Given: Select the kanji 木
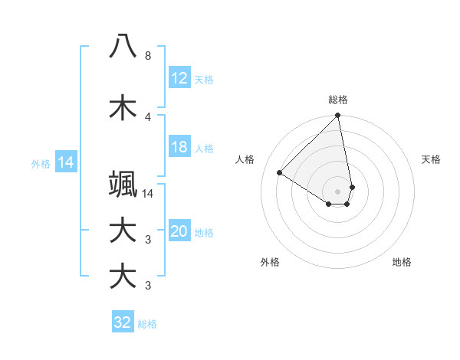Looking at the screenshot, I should (123, 108).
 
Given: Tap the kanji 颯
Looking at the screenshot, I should (123, 185).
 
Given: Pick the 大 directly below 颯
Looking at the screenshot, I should (123, 231).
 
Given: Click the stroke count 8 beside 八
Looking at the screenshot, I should (147, 56).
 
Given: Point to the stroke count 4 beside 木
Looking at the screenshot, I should (147, 117).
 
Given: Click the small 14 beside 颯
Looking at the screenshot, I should (148, 194).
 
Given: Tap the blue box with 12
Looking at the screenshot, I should (179, 78).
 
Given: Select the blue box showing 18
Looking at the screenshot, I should (179, 147).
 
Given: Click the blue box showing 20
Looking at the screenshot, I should (179, 231).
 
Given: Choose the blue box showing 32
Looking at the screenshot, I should (123, 322).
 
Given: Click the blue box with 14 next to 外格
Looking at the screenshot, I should (65, 162).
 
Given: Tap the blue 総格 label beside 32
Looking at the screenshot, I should (147, 324).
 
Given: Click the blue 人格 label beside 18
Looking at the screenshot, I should (204, 149).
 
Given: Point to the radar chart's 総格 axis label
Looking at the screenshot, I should (338, 100).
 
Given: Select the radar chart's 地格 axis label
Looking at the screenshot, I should (402, 262).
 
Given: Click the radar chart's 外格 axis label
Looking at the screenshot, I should (270, 262).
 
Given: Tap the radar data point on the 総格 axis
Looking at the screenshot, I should (338, 116).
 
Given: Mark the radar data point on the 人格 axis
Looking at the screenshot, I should (280, 173).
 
